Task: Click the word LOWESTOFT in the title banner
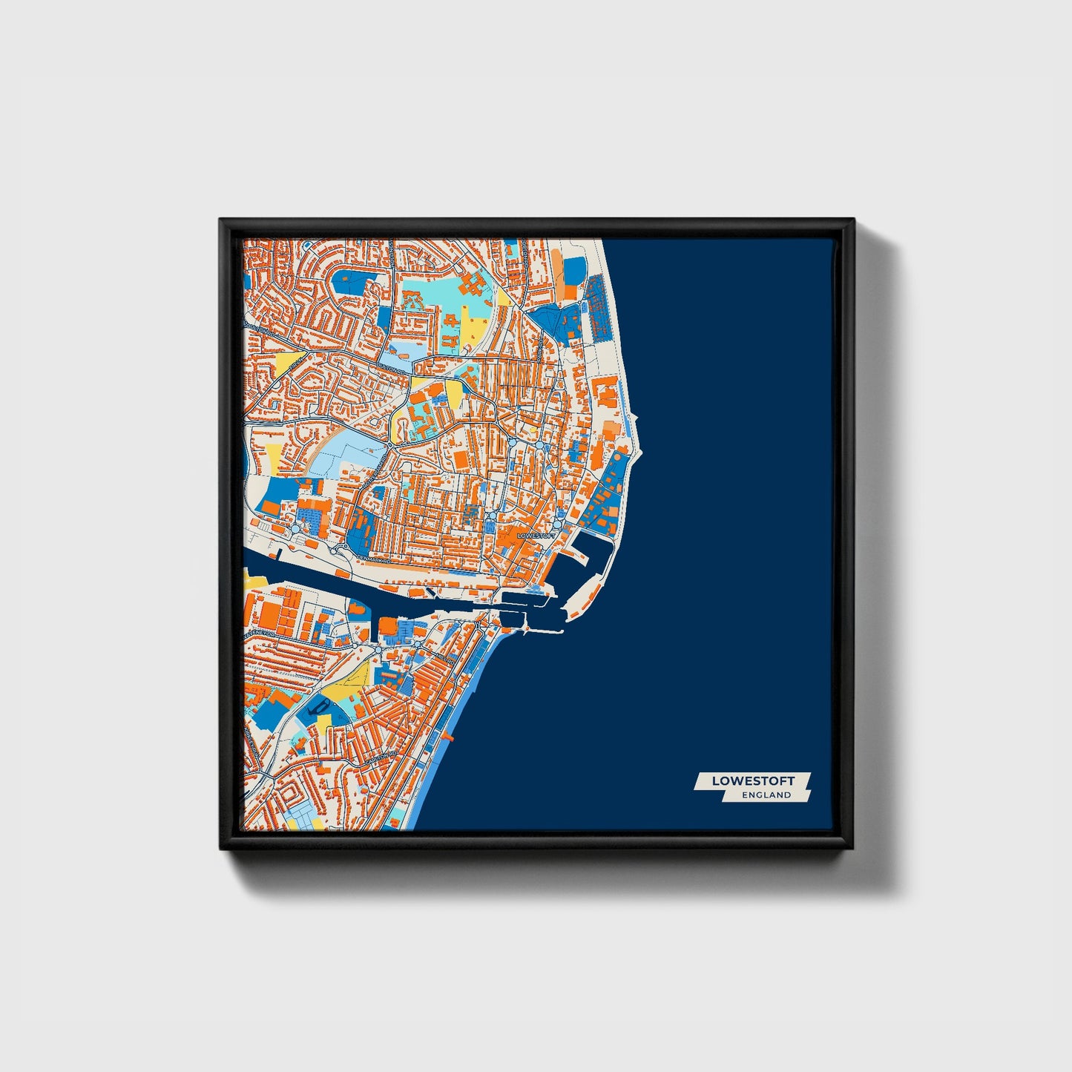click(752, 780)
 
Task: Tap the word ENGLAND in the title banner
click(766, 795)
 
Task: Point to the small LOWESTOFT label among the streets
click(535, 535)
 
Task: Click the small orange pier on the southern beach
click(447, 737)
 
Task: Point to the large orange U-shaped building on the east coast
click(606, 390)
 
